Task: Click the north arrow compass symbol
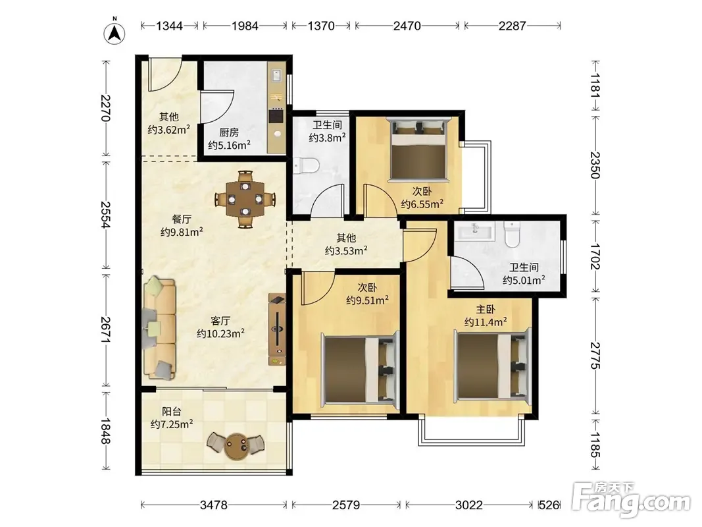click(114, 33)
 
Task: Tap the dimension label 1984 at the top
click(245, 26)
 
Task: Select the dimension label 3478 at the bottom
click(214, 505)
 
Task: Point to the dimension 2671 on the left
click(106, 330)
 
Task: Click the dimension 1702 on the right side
click(595, 256)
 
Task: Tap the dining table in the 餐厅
click(245, 199)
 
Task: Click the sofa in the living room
click(159, 329)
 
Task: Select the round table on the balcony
click(236, 447)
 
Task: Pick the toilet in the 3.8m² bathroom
click(307, 165)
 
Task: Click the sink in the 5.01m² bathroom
click(474, 232)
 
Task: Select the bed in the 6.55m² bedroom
click(418, 150)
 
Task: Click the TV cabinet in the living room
click(277, 329)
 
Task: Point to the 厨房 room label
click(229, 132)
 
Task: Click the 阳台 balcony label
click(172, 411)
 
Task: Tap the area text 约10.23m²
click(220, 333)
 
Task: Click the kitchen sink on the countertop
click(276, 75)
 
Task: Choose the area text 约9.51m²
click(367, 300)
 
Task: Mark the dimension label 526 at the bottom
click(549, 505)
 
